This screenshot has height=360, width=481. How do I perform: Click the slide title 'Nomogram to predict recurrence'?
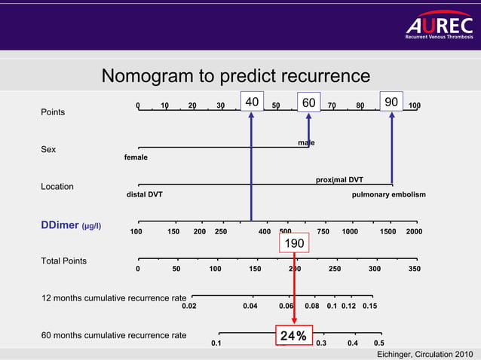click(x=235, y=77)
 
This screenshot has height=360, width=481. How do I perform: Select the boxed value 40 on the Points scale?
click(x=251, y=102)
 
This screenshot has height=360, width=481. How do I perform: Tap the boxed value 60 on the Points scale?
click(x=308, y=102)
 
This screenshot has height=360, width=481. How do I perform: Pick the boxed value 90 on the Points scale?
click(x=391, y=102)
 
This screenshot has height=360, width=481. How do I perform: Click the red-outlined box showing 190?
click(x=294, y=243)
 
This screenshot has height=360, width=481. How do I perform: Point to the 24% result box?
click(x=293, y=336)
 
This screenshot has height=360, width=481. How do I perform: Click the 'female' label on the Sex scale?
click(x=136, y=157)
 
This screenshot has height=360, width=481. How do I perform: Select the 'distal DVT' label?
click(x=143, y=194)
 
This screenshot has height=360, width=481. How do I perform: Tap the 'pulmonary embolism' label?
click(x=388, y=194)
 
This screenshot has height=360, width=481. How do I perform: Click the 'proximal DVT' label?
click(x=339, y=179)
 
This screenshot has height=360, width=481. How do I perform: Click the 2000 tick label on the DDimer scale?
click(x=414, y=231)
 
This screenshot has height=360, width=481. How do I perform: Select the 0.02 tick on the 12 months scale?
click(x=189, y=306)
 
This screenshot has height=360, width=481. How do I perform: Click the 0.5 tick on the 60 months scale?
click(x=379, y=343)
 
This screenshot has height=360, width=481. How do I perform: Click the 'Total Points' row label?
click(x=63, y=261)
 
